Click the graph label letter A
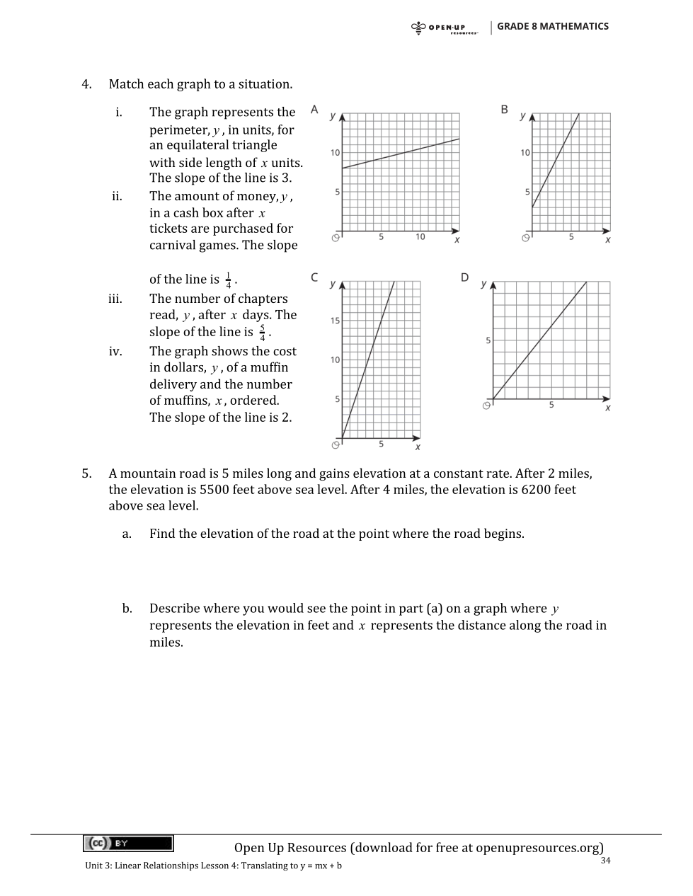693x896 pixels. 314,109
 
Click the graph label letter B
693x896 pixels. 504,109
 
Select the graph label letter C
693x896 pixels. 314,277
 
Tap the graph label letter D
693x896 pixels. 464,277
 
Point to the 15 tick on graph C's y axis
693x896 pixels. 336,321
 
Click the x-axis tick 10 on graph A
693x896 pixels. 420,237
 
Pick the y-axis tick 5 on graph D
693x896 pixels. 488,340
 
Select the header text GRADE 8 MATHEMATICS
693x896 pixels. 552,26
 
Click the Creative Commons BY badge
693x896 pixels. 128,843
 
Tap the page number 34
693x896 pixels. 605,861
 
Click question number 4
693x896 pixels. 86,84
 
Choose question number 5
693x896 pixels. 86,473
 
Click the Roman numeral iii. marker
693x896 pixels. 115,299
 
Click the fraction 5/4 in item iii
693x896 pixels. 263,333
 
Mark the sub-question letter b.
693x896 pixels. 127,609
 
